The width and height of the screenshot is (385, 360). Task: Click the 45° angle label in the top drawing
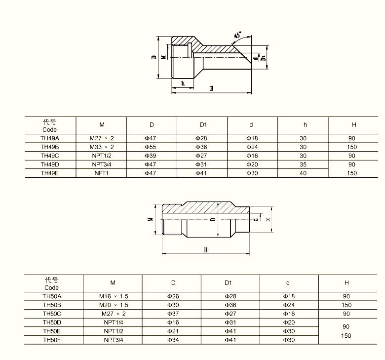238,35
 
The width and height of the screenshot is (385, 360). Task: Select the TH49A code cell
50,138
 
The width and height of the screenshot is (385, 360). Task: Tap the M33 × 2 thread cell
102,147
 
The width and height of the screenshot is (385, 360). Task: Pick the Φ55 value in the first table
150,147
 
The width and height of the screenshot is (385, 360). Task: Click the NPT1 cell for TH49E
101,173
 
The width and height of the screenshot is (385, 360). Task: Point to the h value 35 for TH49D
303,164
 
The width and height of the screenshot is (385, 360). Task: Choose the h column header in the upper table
305,125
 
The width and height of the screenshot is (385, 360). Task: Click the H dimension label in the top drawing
212,88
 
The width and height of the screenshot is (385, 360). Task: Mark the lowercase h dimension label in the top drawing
183,83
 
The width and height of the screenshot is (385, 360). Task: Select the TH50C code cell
52,314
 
